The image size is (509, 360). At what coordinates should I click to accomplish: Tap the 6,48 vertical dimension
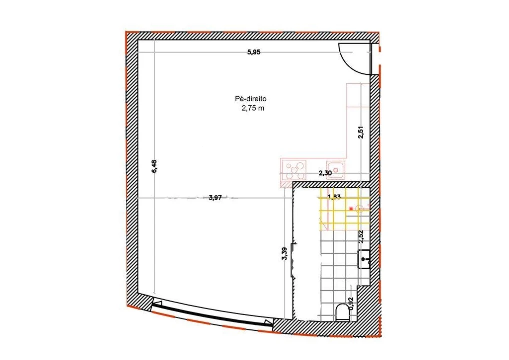[154, 166]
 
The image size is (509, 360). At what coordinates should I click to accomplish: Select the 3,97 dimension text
[215, 198]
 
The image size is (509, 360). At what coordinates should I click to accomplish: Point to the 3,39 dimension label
[284, 254]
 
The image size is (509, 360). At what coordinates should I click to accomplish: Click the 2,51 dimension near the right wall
[361, 132]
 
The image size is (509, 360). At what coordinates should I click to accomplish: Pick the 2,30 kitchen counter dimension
[325, 173]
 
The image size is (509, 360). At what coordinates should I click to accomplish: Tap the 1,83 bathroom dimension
[334, 197]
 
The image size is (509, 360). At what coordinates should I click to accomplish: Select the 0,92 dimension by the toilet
[351, 304]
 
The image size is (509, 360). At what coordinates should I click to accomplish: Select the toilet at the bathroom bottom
[342, 313]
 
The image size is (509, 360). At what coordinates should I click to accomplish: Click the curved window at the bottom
[213, 315]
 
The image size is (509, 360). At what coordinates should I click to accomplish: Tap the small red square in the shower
[351, 208]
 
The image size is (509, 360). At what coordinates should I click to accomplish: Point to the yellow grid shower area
[344, 210]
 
